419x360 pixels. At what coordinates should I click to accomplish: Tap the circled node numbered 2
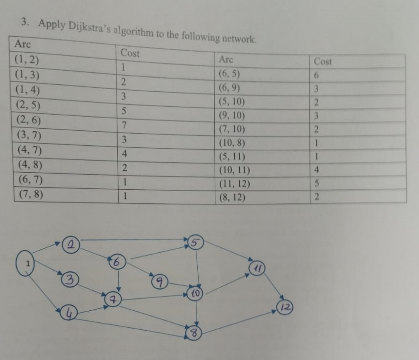(73, 245)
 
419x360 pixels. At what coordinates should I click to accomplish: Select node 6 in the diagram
(119, 262)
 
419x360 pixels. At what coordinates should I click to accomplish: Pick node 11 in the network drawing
(258, 267)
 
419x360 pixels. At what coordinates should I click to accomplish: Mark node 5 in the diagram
(196, 241)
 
